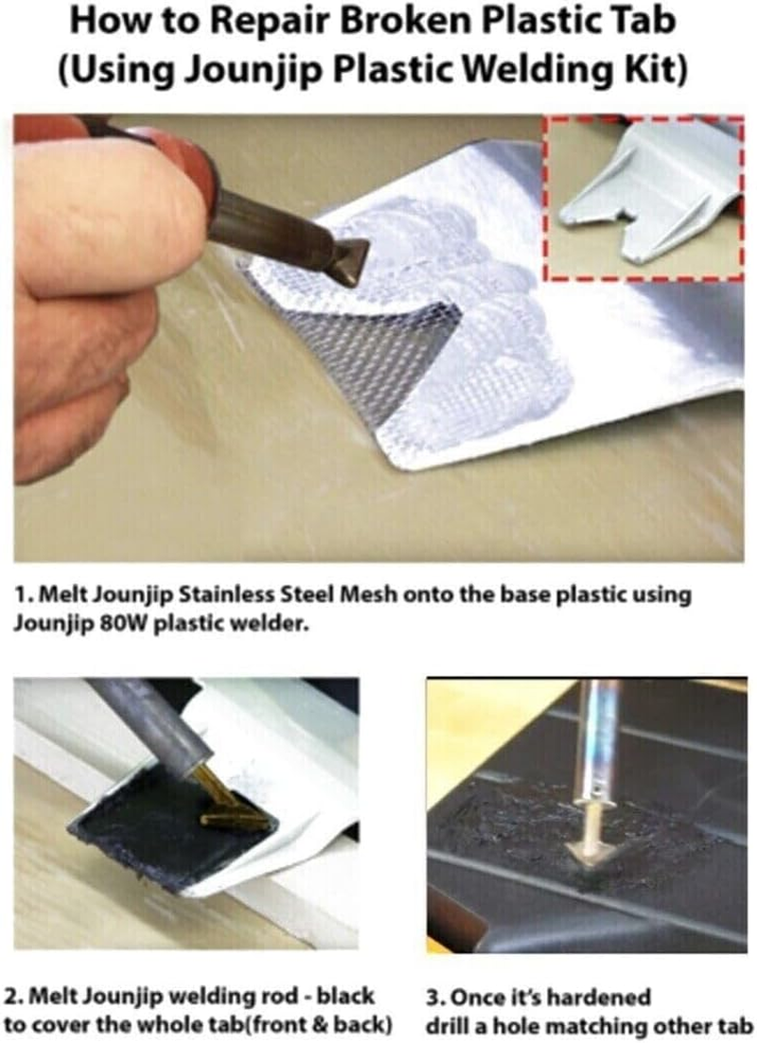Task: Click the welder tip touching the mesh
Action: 355,249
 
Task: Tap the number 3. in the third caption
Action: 436,997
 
